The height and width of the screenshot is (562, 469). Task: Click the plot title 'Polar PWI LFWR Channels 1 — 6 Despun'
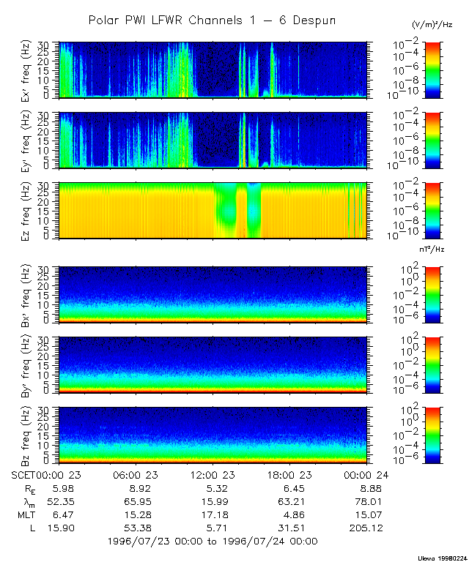pos(212,20)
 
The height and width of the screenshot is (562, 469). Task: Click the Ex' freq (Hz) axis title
pos(25,70)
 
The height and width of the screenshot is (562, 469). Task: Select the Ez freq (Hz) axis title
pos(25,211)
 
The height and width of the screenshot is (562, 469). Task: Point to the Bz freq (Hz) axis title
pos(25,435)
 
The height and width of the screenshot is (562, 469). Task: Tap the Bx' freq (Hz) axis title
pos(25,295)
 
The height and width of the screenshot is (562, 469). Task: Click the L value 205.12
pos(367,528)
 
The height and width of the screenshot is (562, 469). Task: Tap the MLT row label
pos(24,514)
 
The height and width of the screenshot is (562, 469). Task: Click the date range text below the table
pos(212,542)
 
